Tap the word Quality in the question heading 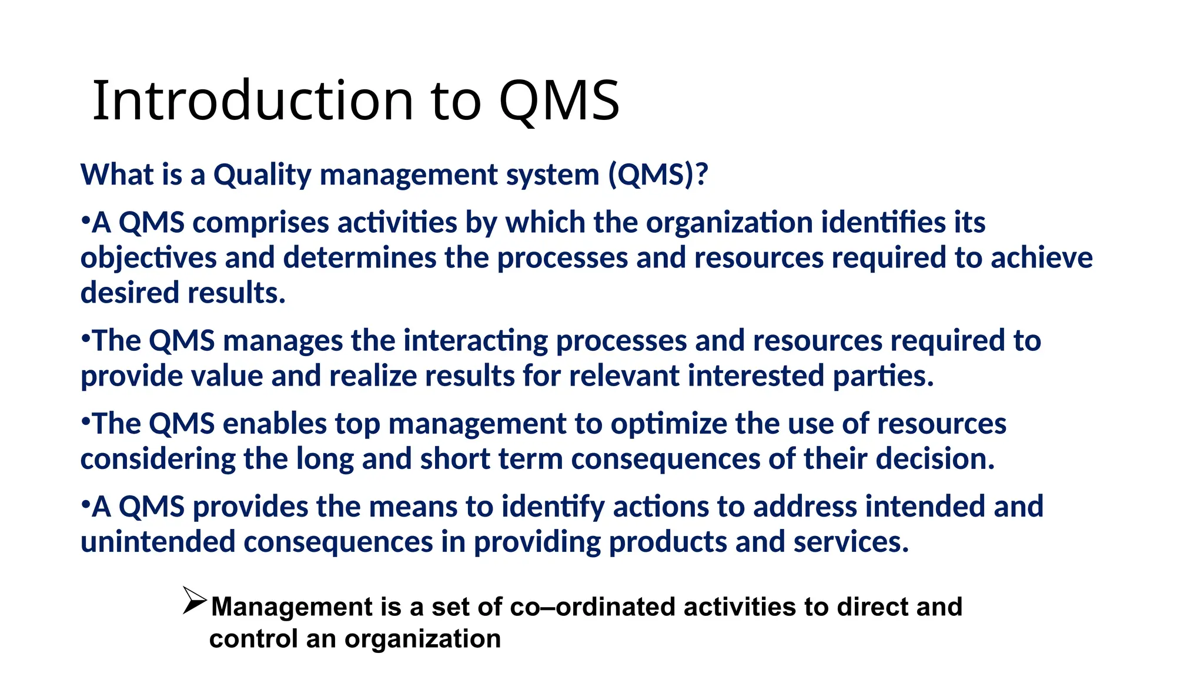[262, 175]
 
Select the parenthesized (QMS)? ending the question [658, 175]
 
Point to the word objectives [148, 259]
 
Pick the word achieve [1041, 259]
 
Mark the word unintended [158, 542]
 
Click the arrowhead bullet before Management [194, 601]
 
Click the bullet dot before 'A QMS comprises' [85, 222]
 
